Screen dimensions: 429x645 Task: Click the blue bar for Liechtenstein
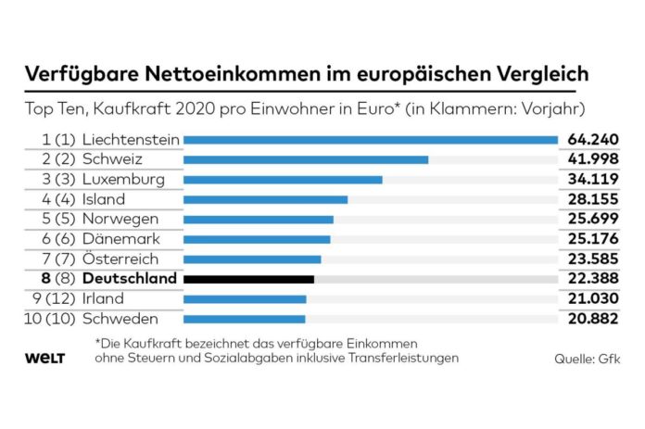pos(371,140)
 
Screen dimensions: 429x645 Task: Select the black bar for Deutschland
pos(248,279)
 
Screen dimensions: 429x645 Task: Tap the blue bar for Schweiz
pos(306,159)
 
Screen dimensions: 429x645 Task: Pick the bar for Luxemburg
pos(283,179)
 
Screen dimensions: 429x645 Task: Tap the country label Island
pos(104,199)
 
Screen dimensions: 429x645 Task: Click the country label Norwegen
pos(120,219)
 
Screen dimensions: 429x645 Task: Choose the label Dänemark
pos(121,239)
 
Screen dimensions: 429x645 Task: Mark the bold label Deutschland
pos(129,279)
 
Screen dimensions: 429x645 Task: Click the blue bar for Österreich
pos(252,259)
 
